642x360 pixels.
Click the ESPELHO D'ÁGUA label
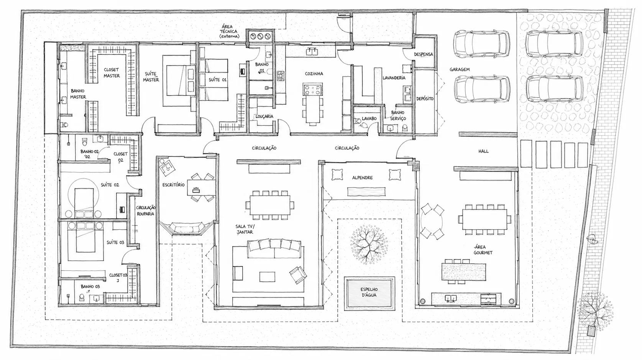tap(369, 292)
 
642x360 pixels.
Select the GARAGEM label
tap(460, 69)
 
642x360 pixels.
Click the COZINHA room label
tap(314, 74)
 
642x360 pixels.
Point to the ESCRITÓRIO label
tap(173, 185)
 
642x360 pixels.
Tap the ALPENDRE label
tap(362, 178)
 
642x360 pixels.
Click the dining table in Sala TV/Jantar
tap(270, 205)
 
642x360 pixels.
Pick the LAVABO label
tap(369, 118)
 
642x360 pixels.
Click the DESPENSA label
tap(423, 54)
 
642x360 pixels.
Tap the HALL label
tap(483, 151)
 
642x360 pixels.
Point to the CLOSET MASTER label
tap(112, 72)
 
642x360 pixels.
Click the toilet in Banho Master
tap(64, 125)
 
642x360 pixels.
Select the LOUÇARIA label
tap(264, 117)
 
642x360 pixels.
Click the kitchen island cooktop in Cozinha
tap(312, 89)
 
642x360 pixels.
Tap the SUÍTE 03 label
tap(115, 242)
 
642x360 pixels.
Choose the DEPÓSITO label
tap(425, 99)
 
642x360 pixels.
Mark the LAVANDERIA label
tap(394, 78)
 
